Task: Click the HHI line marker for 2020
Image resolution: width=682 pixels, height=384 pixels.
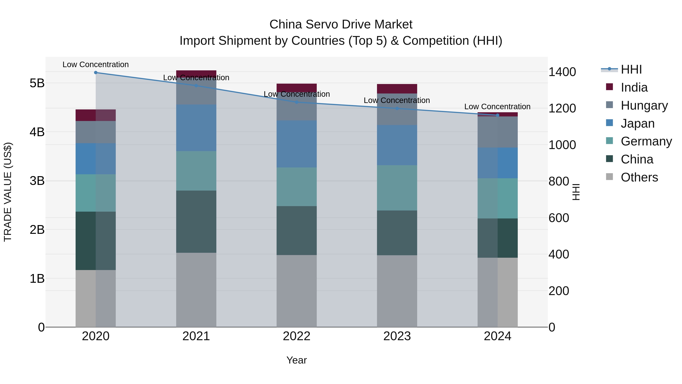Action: [96, 73]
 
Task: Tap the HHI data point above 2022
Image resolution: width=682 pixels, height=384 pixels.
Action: [296, 102]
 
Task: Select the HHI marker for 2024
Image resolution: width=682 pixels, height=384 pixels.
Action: [497, 115]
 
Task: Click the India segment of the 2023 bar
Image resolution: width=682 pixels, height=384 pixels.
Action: [397, 89]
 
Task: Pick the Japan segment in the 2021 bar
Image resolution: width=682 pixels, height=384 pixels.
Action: [196, 128]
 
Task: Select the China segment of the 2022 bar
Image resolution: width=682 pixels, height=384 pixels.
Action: [296, 231]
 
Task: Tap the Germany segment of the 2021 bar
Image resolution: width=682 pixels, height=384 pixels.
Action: [196, 171]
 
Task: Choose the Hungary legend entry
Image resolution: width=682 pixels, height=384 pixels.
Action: [644, 105]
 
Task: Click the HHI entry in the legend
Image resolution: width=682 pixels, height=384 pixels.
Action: [631, 69]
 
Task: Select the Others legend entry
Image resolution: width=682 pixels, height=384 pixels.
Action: [639, 177]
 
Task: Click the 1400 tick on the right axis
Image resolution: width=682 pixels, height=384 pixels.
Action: [562, 72]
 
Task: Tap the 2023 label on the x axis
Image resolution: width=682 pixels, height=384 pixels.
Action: [397, 336]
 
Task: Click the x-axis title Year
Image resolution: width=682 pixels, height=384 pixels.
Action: [296, 360]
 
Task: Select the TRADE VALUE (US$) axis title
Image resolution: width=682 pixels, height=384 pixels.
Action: [8, 192]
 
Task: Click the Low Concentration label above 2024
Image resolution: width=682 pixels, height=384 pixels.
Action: [497, 107]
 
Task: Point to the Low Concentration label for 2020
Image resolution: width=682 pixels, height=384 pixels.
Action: [96, 64]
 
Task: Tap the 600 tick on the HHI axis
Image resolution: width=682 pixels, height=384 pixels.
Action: [559, 218]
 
